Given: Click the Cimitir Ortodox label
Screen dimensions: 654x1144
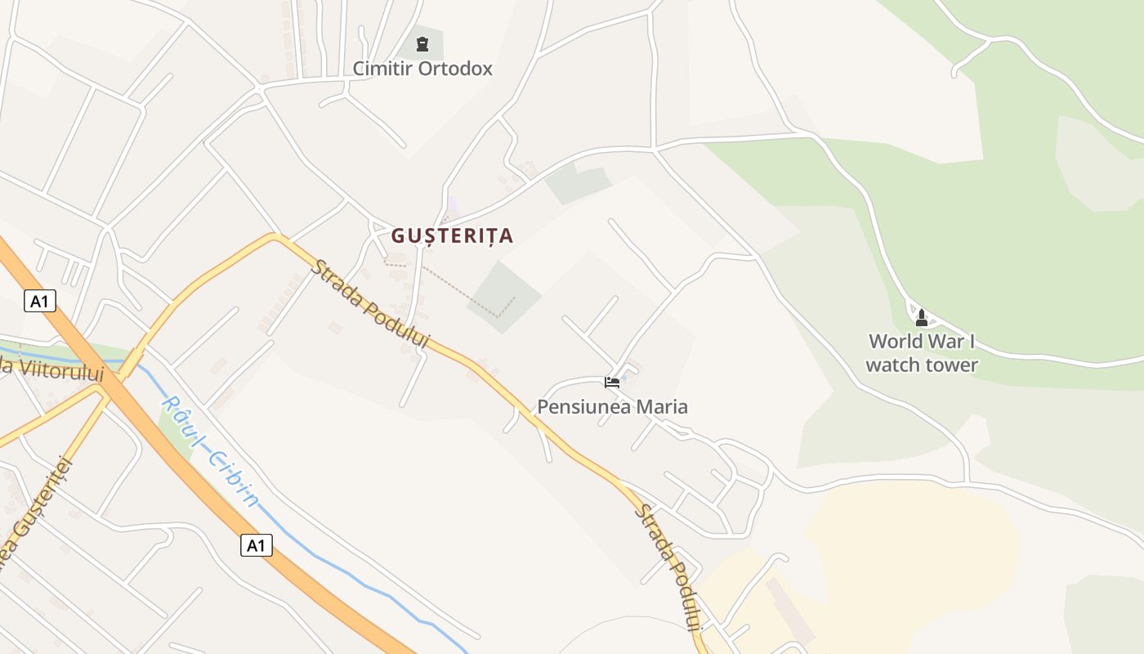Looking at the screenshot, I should pyautogui.click(x=422, y=69).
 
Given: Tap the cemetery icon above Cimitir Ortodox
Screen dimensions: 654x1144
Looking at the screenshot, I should pyautogui.click(x=422, y=44).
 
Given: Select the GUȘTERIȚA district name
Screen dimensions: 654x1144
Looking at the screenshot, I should pyautogui.click(x=452, y=235).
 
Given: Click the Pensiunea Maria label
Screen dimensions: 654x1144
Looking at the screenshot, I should pyautogui.click(x=612, y=406).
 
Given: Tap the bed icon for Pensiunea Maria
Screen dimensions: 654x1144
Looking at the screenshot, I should pyautogui.click(x=612, y=382).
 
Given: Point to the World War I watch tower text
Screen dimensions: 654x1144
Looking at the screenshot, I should pyautogui.click(x=922, y=353).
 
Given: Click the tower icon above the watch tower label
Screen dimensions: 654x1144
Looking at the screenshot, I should pyautogui.click(x=922, y=317).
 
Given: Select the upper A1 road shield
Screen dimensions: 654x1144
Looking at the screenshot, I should pyautogui.click(x=39, y=301).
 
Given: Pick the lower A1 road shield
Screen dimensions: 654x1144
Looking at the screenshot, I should pyautogui.click(x=256, y=544).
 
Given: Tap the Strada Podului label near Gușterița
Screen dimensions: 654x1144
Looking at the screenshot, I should pyautogui.click(x=371, y=305).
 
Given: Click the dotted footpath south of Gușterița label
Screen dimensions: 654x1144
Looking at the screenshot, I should pyautogui.click(x=458, y=285).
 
